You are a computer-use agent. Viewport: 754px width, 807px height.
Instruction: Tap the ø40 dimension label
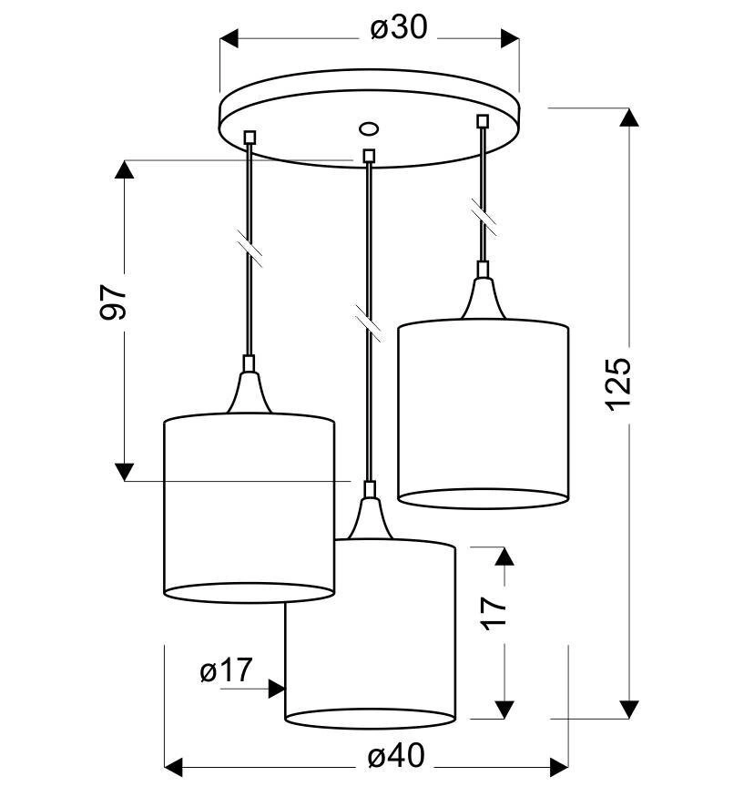click(396, 756)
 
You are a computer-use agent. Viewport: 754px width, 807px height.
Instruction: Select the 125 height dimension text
click(618, 383)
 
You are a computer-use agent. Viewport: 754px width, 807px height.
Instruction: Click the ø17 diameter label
click(225, 672)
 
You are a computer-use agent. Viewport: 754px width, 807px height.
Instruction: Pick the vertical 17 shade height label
click(493, 612)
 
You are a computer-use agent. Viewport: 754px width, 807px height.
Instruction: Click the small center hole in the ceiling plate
click(369, 128)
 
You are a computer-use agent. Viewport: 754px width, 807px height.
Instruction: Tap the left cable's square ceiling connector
click(250, 138)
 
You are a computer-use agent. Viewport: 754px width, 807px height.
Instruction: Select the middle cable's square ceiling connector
click(369, 156)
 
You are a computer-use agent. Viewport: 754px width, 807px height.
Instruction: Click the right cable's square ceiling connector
click(483, 120)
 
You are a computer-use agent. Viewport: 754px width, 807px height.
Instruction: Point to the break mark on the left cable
click(250, 250)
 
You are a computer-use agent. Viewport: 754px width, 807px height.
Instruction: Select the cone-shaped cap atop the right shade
click(483, 296)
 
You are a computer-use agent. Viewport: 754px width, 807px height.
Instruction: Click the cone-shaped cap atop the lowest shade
click(369, 516)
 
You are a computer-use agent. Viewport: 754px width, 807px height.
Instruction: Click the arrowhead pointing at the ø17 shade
click(276, 689)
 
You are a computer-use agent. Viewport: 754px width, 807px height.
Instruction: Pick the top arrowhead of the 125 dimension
click(628, 117)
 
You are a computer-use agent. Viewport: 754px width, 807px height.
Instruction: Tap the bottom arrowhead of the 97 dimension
click(125, 471)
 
